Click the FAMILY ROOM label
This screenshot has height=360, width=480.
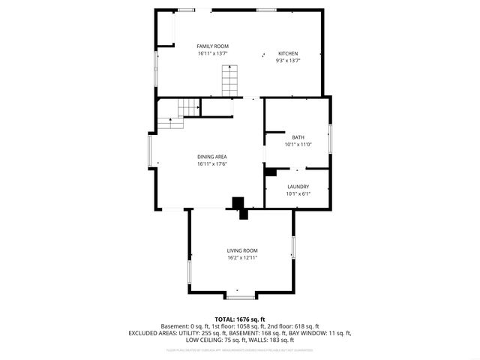[212, 46]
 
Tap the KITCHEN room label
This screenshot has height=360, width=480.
[288, 54]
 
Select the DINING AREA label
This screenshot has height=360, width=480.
[212, 157]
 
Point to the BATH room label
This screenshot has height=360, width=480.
[298, 137]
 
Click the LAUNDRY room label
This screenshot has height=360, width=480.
[298, 187]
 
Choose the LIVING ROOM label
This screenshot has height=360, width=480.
[242, 250]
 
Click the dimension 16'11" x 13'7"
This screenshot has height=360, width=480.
[212, 54]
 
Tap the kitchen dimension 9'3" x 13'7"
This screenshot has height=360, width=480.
[288, 61]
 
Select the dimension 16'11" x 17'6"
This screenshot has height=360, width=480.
[212, 164]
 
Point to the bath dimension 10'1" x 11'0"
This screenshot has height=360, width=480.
[298, 145]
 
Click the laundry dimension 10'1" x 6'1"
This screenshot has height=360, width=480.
[298, 194]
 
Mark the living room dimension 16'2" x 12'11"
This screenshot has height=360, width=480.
[242, 258]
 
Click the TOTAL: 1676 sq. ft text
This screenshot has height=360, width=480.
[240, 319]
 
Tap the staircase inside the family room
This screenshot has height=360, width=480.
[229, 80]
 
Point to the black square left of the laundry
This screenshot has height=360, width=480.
[270, 171]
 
